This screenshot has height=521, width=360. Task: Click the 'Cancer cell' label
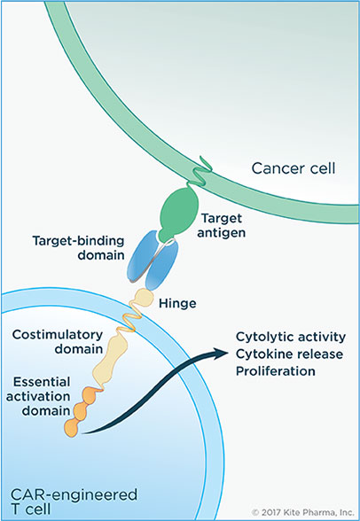click(x=293, y=168)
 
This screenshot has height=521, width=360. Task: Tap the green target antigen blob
click(x=178, y=213)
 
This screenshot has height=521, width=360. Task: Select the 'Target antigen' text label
click(x=222, y=225)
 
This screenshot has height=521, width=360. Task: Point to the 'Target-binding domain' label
click(x=78, y=247)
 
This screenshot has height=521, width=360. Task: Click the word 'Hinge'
click(x=177, y=303)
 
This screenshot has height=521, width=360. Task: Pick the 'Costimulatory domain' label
click(x=58, y=342)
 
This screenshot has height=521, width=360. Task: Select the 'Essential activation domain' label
click(x=38, y=396)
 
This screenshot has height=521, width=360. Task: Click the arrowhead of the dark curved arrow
click(x=222, y=353)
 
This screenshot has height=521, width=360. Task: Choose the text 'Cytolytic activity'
click(x=291, y=337)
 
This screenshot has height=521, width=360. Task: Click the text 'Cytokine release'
click(x=289, y=354)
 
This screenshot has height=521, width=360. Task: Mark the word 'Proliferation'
click(x=276, y=370)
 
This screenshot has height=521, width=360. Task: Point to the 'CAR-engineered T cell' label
click(x=74, y=502)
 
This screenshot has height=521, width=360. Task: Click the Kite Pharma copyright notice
click(x=303, y=512)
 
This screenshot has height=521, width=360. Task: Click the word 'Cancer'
click(x=274, y=168)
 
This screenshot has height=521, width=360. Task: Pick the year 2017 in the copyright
click(x=269, y=512)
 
